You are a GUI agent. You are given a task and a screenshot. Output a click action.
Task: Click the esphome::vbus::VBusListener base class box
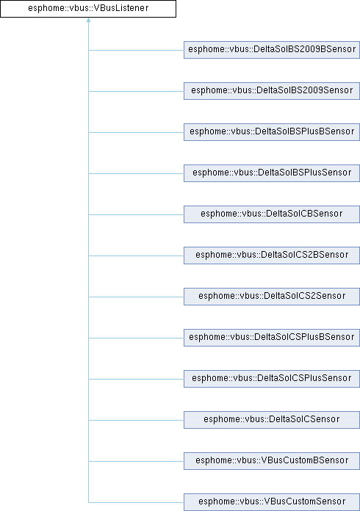point(88,9)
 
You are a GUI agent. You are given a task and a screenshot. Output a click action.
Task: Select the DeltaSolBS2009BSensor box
point(272,50)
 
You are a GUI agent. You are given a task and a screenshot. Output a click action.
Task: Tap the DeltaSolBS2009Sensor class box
point(272,91)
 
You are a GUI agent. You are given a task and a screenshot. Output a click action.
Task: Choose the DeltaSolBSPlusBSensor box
point(272,132)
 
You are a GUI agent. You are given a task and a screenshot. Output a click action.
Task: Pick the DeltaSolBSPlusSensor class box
point(272,173)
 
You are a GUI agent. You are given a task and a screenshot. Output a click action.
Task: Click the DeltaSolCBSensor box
point(272,214)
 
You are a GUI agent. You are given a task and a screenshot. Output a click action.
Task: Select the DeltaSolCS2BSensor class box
point(272,255)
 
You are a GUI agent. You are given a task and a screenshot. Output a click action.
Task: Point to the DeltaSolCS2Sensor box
point(272,296)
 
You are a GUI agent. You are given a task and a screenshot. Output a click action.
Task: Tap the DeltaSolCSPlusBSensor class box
point(272,337)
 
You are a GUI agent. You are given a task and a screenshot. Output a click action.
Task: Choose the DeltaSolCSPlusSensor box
point(272,378)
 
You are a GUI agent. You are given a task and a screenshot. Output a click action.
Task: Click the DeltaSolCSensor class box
point(272,419)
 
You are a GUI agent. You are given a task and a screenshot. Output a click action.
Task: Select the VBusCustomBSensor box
point(272,460)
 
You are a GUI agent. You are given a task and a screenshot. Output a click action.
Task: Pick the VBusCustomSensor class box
point(272,502)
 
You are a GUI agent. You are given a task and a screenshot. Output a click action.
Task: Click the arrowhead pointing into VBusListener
point(88,20)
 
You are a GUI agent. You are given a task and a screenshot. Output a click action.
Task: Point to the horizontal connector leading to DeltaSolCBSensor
point(136,214)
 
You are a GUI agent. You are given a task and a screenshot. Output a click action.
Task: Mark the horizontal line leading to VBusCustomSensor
point(136,502)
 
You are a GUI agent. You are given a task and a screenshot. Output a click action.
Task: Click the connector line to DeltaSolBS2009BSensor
point(136,50)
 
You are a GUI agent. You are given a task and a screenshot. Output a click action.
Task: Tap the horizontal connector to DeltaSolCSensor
point(136,420)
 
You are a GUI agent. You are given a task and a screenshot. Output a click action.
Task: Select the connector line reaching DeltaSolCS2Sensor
point(136,297)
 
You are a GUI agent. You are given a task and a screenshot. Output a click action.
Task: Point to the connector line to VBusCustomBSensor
point(136,461)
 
